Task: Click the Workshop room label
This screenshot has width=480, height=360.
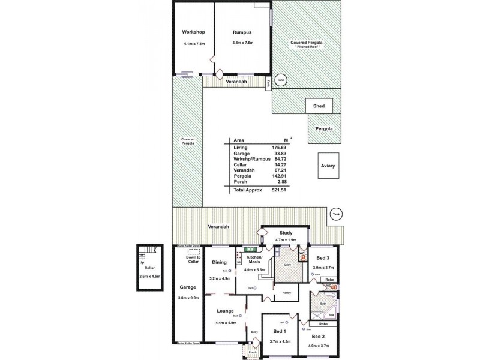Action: click(x=194, y=32)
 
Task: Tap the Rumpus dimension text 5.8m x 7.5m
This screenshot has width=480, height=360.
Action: click(x=243, y=43)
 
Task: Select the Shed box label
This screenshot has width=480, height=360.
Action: click(x=319, y=106)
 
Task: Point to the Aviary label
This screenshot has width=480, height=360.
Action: click(x=328, y=166)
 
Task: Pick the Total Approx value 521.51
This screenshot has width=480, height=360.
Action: click(x=273, y=189)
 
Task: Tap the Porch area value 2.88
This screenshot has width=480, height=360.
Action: click(x=275, y=181)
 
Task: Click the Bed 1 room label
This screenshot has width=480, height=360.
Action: click(x=280, y=332)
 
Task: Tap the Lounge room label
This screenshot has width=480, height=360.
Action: click(x=225, y=311)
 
